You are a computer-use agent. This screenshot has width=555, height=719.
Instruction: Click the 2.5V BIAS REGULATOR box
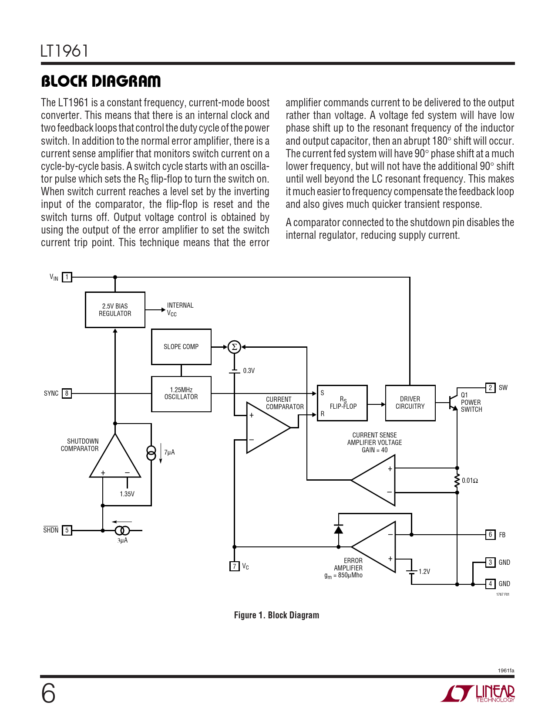pyautogui.click(x=115, y=310)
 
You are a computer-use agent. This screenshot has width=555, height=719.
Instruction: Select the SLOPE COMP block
pyautogui.click(x=181, y=347)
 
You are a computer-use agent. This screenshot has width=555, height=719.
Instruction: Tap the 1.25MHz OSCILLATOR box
pyautogui.click(x=181, y=393)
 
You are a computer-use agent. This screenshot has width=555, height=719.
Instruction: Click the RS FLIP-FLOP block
pyautogui.click(x=342, y=403)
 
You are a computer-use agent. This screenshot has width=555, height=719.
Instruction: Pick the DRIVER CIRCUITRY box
pyautogui.click(x=410, y=403)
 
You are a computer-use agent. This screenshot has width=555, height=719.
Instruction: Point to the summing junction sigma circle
pyautogui.click(x=234, y=347)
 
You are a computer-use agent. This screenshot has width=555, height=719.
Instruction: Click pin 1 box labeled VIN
pyautogui.click(x=67, y=277)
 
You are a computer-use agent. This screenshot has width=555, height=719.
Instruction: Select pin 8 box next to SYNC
pyautogui.click(x=67, y=393)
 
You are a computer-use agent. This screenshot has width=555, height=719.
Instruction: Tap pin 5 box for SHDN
pyautogui.click(x=67, y=530)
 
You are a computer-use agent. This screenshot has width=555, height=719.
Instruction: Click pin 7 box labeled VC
pyautogui.click(x=234, y=566)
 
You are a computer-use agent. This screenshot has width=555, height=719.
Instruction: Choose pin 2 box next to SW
pyautogui.click(x=490, y=388)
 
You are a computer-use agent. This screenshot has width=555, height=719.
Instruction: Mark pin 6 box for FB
pyautogui.click(x=490, y=535)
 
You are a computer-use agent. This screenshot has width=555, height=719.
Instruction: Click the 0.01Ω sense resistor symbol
pyautogui.click(x=457, y=481)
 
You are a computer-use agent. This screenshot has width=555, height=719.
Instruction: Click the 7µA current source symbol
pyautogui.click(x=151, y=453)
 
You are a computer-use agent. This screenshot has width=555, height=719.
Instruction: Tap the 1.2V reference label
pyautogui.click(x=424, y=572)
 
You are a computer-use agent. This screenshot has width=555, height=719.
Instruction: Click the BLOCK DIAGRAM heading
pyautogui.click(x=101, y=81)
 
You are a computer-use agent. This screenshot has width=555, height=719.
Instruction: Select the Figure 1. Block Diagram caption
pyautogui.click(x=276, y=615)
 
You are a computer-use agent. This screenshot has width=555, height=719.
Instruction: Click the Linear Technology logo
pyautogui.click(x=478, y=693)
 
